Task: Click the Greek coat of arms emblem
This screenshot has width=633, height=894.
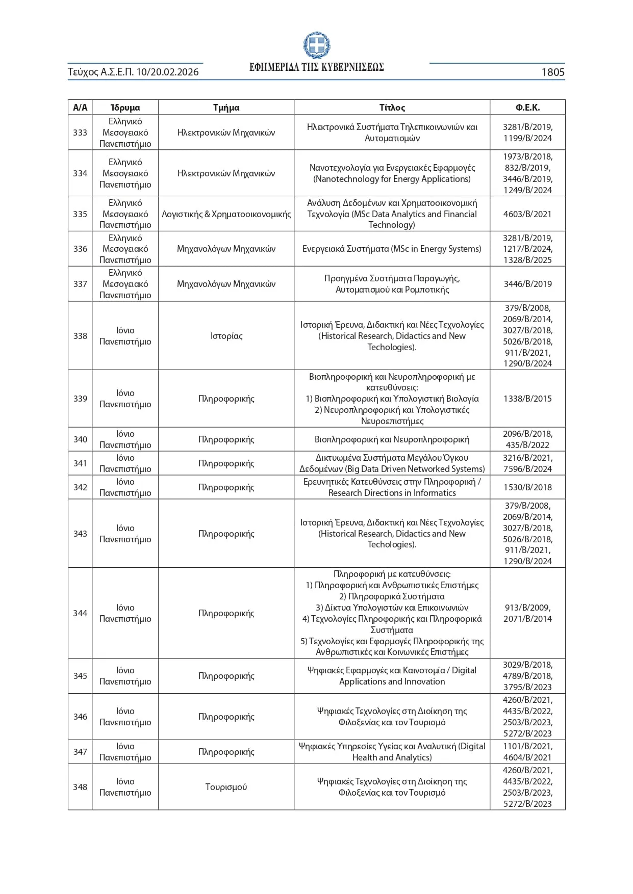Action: (316, 45)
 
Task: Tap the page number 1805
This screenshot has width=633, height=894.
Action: (552, 72)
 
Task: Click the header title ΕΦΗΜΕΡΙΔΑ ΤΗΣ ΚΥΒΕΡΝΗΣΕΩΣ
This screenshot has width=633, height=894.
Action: (316, 67)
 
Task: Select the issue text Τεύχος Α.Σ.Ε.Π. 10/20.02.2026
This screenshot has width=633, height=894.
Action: (133, 72)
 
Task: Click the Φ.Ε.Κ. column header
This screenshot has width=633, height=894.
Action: (527, 108)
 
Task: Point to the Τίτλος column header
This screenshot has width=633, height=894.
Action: (392, 108)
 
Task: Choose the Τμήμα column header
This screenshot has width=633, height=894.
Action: (226, 108)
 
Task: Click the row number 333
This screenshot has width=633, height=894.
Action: (80, 133)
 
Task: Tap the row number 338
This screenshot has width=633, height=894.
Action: (80, 336)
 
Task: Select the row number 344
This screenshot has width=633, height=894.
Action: (80, 613)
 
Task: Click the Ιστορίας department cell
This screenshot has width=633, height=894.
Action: (226, 336)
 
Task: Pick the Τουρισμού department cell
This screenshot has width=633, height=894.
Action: (226, 787)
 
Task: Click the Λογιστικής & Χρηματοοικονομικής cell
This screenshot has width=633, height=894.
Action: (226, 214)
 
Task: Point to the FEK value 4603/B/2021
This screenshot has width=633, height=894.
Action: (527, 214)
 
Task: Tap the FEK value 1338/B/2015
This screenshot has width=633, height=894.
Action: (527, 399)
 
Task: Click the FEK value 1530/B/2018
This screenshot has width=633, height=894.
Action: (527, 487)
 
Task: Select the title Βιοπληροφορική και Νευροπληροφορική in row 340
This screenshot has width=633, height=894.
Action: (392, 439)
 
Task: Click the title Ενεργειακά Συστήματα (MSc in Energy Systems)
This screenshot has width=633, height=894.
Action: (392, 249)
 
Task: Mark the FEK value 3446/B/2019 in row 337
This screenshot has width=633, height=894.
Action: (527, 284)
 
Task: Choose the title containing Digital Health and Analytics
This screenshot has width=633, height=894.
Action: (392, 752)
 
